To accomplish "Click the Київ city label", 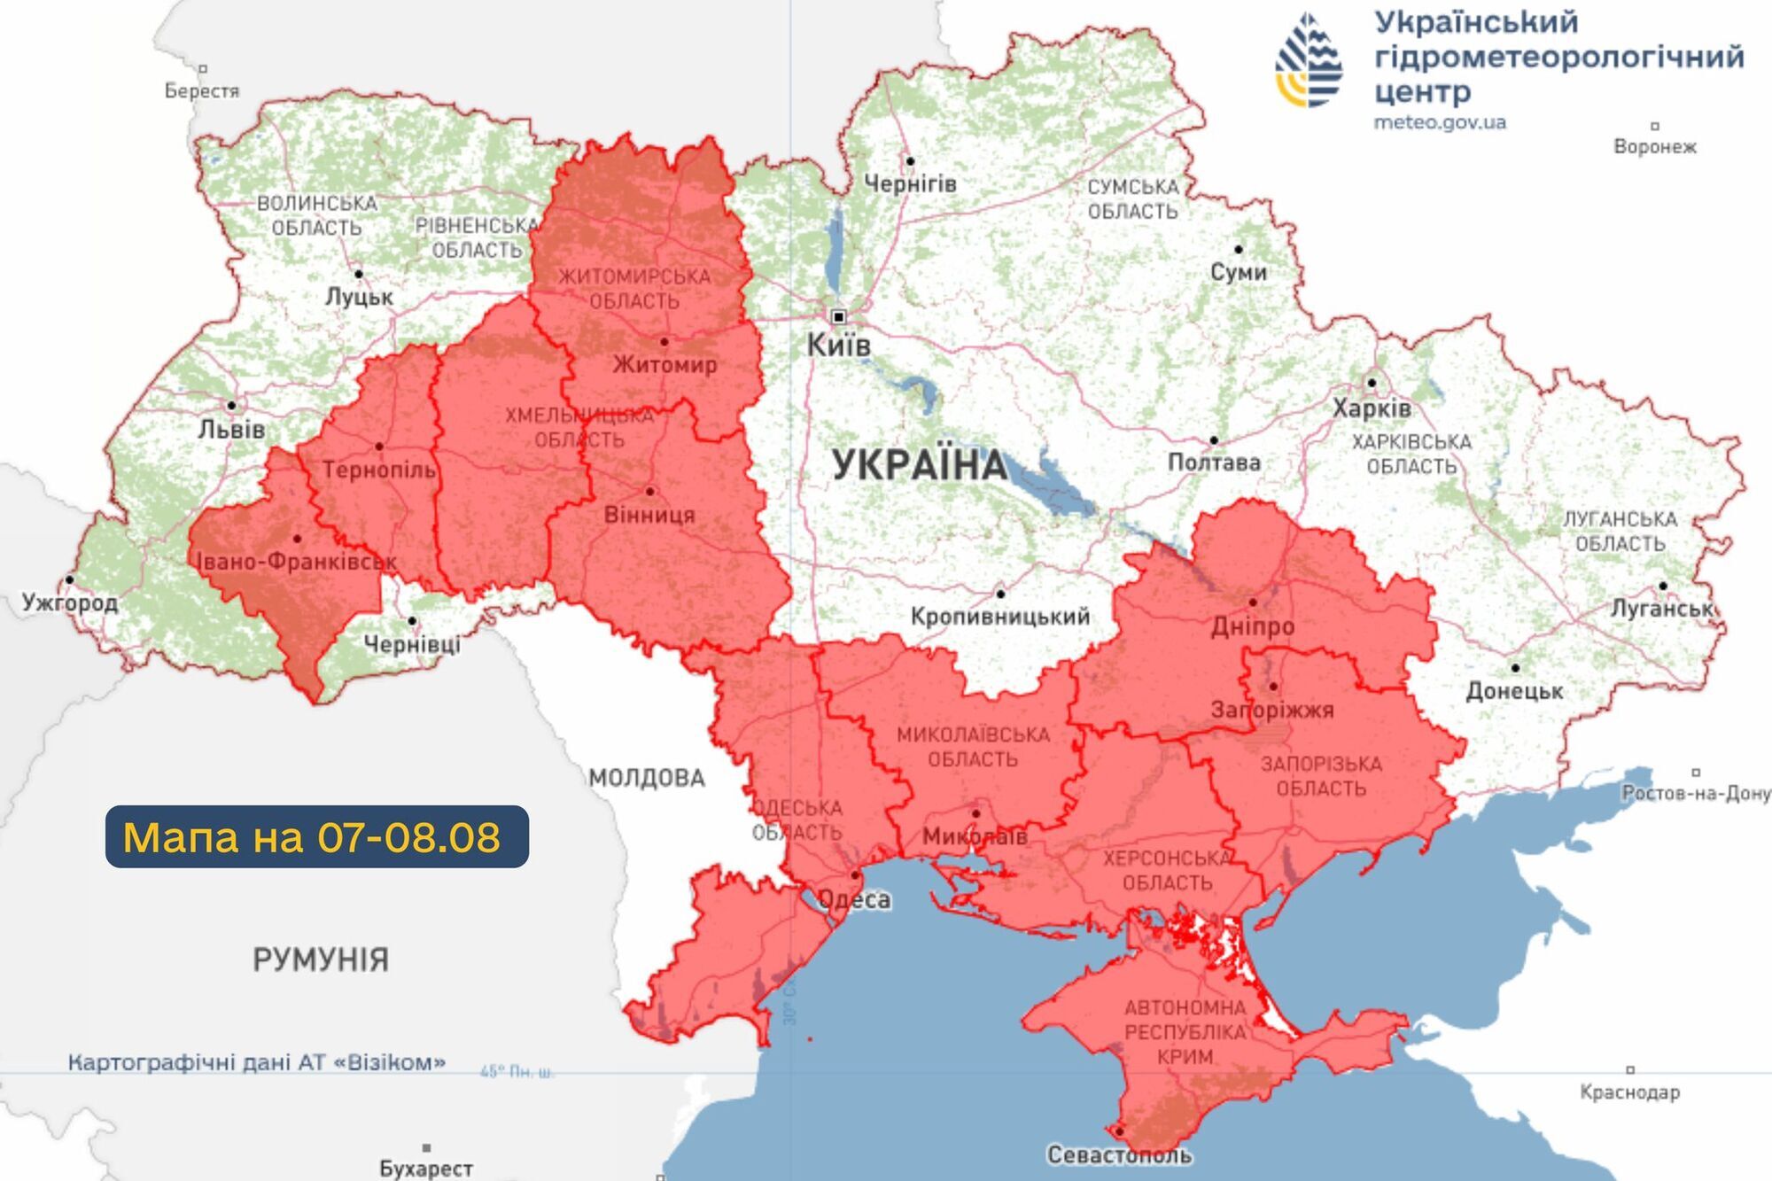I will pos(838,346).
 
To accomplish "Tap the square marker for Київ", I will pos(838,317).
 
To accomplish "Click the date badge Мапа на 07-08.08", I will pos(316,836).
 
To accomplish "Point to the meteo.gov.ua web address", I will pos(1439,122).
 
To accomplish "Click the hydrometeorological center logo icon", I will pos(1310,60).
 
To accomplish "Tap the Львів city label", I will pos(231,430).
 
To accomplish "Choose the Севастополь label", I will pos(1119,1155).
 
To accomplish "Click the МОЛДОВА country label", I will pos(647,779).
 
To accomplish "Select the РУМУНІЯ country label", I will pos(321,960).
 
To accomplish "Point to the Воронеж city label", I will pos(1654,147).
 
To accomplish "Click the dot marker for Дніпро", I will pos(1253,602).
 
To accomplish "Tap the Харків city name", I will pos(1372,408).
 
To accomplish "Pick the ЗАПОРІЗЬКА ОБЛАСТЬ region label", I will pos(1320,776).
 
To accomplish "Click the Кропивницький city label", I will pos(999,617).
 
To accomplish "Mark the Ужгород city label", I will pos(70,603).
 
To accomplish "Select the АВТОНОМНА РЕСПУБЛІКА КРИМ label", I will pos(1185,1032).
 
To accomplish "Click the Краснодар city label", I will pos(1629,1092).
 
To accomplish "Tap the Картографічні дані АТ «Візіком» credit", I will pos(257,1062).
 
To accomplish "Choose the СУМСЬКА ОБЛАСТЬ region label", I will pos(1132,199).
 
